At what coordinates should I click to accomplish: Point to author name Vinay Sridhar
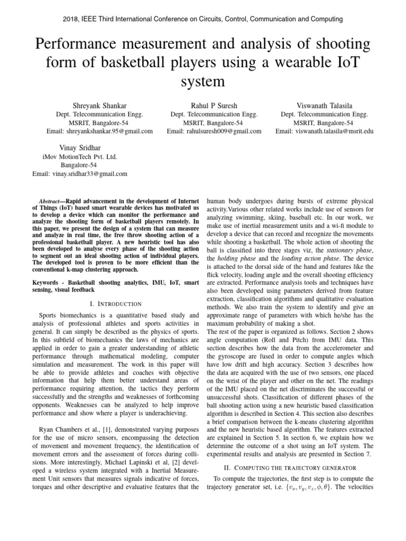[79, 148]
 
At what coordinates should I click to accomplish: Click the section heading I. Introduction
[116, 304]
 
